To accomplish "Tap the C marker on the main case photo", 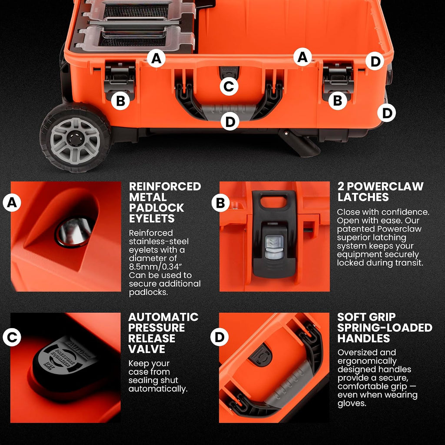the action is [229, 86].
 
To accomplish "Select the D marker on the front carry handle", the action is [230, 122].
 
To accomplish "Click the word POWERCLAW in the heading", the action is [385, 186].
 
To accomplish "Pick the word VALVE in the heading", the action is [146, 349].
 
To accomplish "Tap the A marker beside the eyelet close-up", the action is [12, 203].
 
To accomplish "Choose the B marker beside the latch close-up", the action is [220, 203].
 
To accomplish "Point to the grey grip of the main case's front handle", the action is [229, 111].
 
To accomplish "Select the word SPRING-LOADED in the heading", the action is [385, 328].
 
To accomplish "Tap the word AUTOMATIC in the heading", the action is [163, 317].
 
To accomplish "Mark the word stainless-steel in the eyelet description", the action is [159, 241].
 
